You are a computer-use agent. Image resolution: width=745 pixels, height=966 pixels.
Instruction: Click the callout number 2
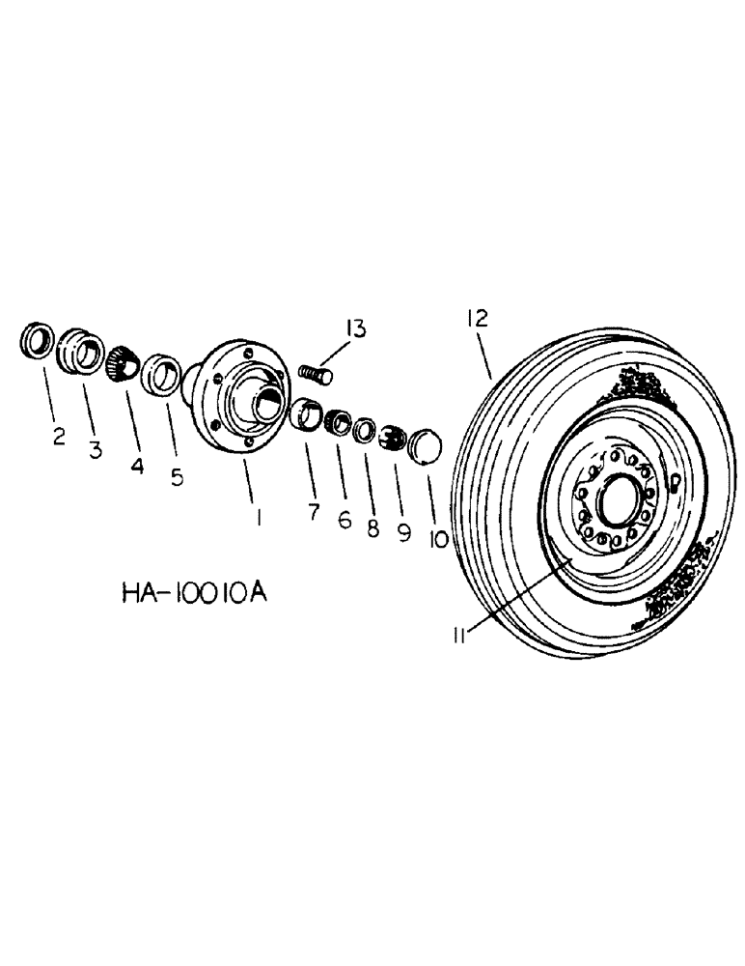pos(60,437)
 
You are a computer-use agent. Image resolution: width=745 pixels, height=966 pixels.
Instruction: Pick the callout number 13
pos(356,329)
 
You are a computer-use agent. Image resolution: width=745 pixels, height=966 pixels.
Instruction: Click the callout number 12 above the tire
pos(480,318)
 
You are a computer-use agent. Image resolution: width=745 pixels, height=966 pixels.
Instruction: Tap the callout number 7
pos(314,511)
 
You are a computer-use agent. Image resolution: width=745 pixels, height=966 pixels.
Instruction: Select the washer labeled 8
pos(365,428)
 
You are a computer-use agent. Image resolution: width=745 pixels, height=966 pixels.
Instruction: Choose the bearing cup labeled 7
pos(307,414)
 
